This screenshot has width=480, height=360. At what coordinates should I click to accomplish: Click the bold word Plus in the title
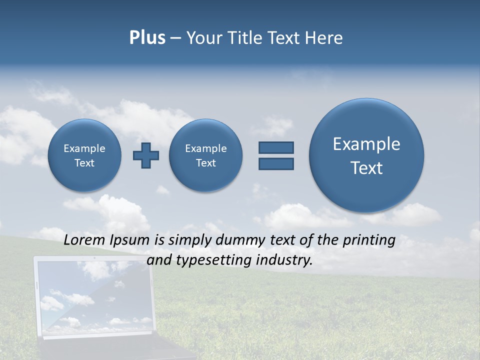(x=147, y=38)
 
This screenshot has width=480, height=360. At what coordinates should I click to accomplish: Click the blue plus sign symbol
(x=145, y=155)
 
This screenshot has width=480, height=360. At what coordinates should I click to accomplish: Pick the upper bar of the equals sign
(x=276, y=147)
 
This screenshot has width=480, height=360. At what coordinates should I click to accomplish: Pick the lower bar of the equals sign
(x=276, y=163)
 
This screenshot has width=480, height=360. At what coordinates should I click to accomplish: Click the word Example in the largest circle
(x=366, y=144)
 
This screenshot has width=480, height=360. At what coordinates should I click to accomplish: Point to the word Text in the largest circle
(x=366, y=168)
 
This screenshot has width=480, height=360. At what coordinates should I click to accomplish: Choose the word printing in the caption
(x=369, y=240)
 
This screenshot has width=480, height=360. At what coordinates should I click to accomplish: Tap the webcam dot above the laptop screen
(x=94, y=258)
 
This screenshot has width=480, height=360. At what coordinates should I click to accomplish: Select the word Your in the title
(x=205, y=38)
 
